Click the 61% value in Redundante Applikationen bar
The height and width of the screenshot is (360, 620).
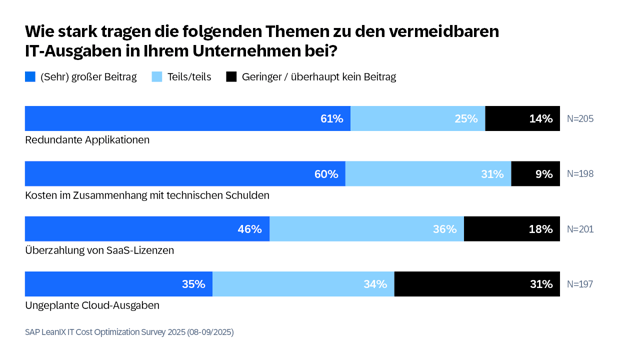tap(332, 119)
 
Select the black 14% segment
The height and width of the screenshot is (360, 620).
tap(522, 119)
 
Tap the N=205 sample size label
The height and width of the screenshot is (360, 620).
tap(580, 119)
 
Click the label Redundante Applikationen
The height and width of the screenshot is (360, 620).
tap(87, 140)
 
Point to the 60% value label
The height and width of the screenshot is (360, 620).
tap(326, 174)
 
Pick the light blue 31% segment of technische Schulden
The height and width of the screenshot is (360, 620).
tap(427, 174)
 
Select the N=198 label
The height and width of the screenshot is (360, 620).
tap(580, 174)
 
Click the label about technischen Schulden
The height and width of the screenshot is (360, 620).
tap(146, 195)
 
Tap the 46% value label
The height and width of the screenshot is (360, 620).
tap(250, 229)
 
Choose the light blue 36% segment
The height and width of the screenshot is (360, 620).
tap(367, 229)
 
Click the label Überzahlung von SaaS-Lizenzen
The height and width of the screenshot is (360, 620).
tap(99, 250)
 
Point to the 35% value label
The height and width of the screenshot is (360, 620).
tap(194, 284)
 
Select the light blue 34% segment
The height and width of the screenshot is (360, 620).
tap(303, 284)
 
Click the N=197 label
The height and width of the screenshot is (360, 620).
tap(580, 284)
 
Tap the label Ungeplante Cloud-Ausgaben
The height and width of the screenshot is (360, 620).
tap(93, 305)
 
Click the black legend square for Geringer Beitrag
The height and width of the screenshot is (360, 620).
tap(232, 76)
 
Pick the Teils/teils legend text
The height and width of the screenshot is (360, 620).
tap(189, 76)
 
